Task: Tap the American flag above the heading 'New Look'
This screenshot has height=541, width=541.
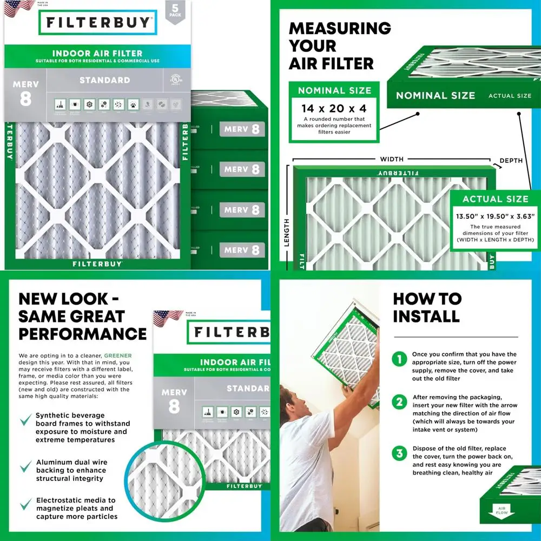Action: [168, 318]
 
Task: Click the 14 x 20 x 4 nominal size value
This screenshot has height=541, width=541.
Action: [334, 108]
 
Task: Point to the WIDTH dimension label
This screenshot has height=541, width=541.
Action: [392, 159]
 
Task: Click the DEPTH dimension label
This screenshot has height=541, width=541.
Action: [511, 161]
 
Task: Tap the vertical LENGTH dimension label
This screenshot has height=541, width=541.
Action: [286, 233]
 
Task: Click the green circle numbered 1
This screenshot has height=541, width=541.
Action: [399, 359]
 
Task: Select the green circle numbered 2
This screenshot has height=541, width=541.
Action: [399, 402]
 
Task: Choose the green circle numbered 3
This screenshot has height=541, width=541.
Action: [399, 453]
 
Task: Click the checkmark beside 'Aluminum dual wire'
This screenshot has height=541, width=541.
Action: [25, 466]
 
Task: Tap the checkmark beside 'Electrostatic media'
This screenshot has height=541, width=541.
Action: [25, 505]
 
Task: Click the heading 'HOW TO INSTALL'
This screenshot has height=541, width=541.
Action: [427, 307]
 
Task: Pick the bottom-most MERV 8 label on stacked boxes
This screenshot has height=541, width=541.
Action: [242, 250]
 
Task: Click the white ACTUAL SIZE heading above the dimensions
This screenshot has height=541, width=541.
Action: [495, 199]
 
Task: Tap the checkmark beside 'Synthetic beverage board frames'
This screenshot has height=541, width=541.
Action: [25, 420]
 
